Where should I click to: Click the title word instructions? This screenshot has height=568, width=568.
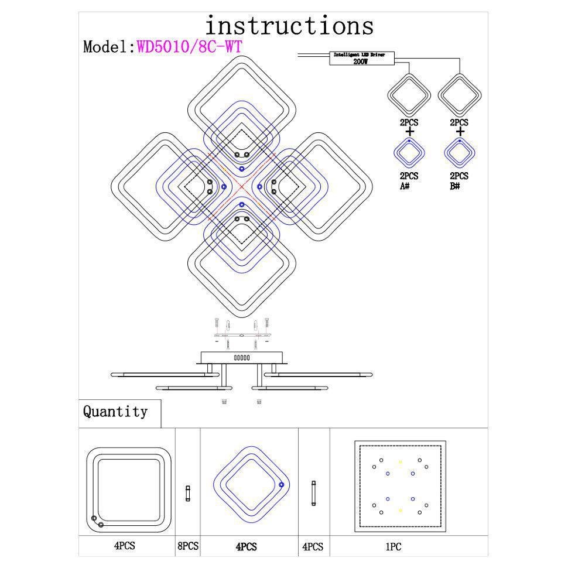[289, 26]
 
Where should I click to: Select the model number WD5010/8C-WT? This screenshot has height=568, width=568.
[189, 46]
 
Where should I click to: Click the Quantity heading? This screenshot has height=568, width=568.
[115, 412]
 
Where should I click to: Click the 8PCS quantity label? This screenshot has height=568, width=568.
[187, 546]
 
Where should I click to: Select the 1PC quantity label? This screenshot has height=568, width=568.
[393, 546]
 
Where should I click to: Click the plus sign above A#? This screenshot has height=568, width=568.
[409, 132]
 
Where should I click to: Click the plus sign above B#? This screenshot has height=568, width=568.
[460, 132]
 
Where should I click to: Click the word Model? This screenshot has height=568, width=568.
[108, 47]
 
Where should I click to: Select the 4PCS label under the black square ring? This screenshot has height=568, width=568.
[125, 546]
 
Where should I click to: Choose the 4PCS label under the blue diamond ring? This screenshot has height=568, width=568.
[247, 547]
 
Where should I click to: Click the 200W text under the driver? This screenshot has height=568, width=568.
[361, 61]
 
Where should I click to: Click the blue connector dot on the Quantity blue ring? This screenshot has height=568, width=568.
[282, 485]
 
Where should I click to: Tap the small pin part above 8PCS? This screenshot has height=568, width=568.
[188, 493]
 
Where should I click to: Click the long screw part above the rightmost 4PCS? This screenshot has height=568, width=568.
[314, 493]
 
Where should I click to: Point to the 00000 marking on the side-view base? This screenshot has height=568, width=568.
[242, 357]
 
